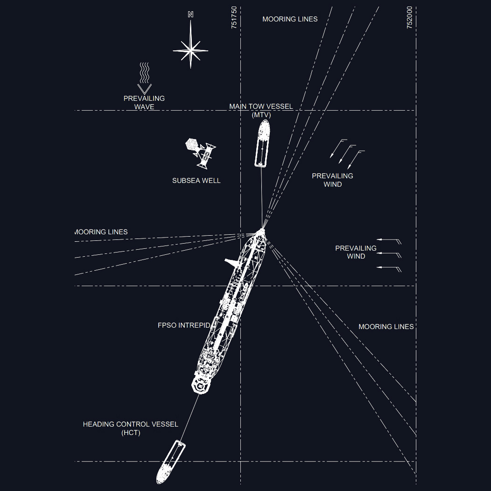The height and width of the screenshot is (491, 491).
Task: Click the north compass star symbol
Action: point(190,49)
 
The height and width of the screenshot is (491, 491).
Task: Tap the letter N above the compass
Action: point(190,14)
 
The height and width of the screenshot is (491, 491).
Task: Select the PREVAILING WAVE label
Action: point(144,103)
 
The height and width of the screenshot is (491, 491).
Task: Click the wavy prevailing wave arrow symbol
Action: point(145,77)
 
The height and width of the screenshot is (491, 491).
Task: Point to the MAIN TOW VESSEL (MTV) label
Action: point(261,110)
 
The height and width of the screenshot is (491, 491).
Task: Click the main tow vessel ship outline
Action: point(262,143)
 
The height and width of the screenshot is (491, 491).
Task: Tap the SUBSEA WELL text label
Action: point(196,181)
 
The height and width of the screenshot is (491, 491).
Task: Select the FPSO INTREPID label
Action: point(184,325)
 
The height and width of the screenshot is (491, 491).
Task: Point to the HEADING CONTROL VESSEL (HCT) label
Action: point(130,428)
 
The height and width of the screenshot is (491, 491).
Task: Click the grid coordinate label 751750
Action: point(234,18)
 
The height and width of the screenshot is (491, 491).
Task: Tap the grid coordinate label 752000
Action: point(409,18)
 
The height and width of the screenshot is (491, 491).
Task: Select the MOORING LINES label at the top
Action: point(290,19)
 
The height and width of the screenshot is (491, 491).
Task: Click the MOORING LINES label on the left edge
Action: point(101,232)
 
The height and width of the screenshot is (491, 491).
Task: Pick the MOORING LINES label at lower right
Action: point(386,327)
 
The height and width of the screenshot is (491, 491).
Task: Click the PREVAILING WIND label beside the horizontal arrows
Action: point(356,252)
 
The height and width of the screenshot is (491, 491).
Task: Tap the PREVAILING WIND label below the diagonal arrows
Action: point(332,180)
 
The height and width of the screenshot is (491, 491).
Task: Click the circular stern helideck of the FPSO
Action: point(201,386)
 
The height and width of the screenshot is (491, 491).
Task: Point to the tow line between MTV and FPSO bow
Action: point(262,196)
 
